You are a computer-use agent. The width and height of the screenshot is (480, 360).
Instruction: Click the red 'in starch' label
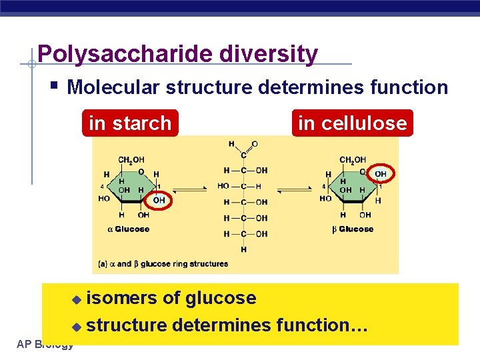point(130,123)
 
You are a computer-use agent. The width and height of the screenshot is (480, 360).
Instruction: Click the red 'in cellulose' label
point(352,123)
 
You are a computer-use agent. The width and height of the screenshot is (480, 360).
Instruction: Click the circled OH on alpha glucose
point(159,200)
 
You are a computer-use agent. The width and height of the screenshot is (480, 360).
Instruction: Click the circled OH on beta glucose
point(380,174)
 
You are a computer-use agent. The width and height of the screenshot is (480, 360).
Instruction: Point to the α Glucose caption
point(128,229)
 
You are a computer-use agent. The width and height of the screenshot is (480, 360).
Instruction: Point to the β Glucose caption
point(353,229)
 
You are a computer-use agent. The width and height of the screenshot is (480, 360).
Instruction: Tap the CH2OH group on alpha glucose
point(131,160)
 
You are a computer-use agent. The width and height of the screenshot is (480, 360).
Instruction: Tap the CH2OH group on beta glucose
point(353,160)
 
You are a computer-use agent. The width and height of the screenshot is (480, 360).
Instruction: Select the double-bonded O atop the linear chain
point(255,144)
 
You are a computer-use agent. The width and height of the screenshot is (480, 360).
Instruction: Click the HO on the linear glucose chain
point(223,186)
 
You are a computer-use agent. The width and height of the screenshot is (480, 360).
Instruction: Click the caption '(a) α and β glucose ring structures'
point(164,264)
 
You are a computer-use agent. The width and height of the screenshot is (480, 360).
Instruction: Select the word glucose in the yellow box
point(221,298)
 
